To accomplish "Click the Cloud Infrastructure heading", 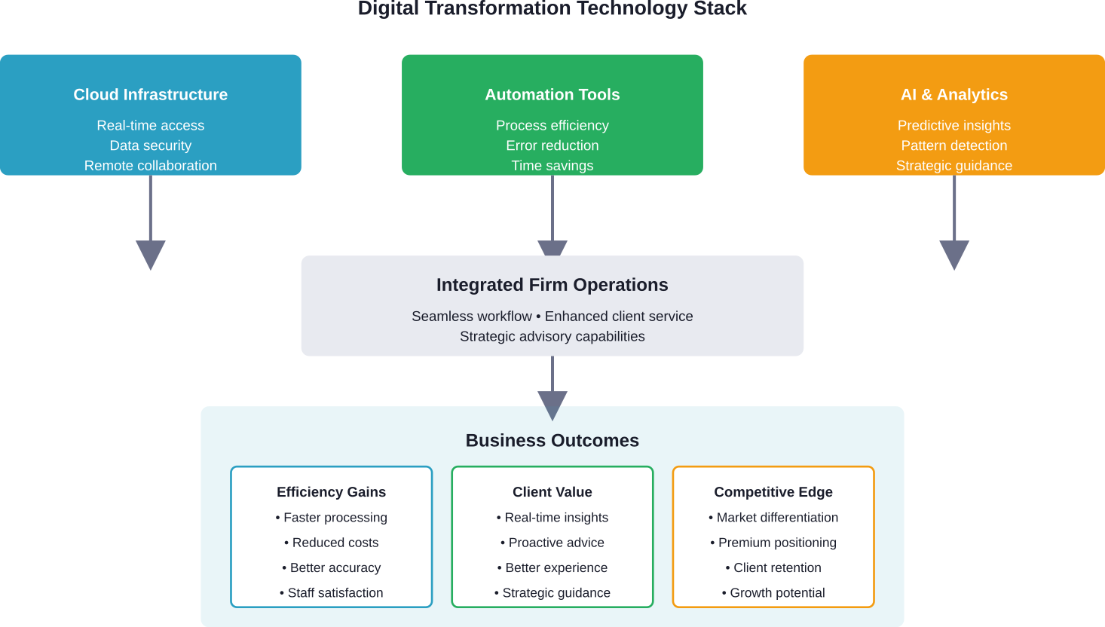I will pyautogui.click(x=150, y=95).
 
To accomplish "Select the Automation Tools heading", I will pyautogui.click(x=552, y=95).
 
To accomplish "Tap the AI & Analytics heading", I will pyautogui.click(x=953, y=95).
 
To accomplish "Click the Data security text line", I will pyautogui.click(x=150, y=145).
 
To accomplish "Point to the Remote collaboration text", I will pyautogui.click(x=150, y=166).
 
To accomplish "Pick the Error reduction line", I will pyautogui.click(x=552, y=145).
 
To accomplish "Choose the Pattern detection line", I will pyautogui.click(x=953, y=145).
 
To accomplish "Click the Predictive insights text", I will pyautogui.click(x=953, y=126).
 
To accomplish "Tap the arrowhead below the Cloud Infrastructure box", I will pyautogui.click(x=150, y=254).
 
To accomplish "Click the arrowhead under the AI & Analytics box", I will pyautogui.click(x=953, y=254).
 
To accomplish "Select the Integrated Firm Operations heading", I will pyautogui.click(x=552, y=285).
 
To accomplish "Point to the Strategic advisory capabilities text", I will pyautogui.click(x=552, y=337).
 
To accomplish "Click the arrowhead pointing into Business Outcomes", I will pyautogui.click(x=552, y=405).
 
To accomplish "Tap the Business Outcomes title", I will pyautogui.click(x=552, y=441).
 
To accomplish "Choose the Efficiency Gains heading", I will pyautogui.click(x=331, y=492).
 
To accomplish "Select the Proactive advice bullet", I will pyautogui.click(x=552, y=543).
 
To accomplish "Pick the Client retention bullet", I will pyautogui.click(x=773, y=568).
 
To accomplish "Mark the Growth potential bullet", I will pyautogui.click(x=773, y=593).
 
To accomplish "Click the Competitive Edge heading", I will pyautogui.click(x=773, y=492).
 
